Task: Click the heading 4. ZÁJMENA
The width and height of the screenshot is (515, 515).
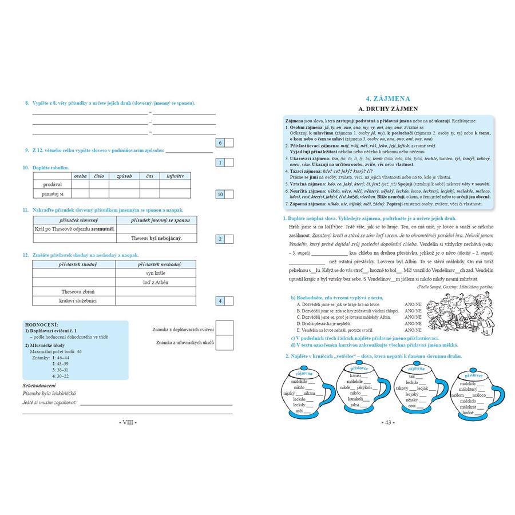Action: [388, 98]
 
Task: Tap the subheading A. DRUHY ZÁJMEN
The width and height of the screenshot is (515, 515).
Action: [388, 108]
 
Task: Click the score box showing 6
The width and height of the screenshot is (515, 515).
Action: [220, 142]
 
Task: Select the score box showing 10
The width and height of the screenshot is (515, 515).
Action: [220, 195]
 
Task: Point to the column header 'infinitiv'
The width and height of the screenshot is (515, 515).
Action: [175, 176]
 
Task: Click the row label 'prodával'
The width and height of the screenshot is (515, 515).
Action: [52, 185]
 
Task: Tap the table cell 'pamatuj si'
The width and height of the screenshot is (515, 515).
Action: [52, 195]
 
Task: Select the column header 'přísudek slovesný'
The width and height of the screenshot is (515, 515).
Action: [75, 220]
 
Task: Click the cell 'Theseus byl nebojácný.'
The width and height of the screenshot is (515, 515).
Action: [156, 238]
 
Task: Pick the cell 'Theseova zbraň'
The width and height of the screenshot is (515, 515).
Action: [74, 291]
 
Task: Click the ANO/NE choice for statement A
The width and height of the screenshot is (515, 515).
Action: [413, 304]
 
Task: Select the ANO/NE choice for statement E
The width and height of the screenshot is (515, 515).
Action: [413, 330]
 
